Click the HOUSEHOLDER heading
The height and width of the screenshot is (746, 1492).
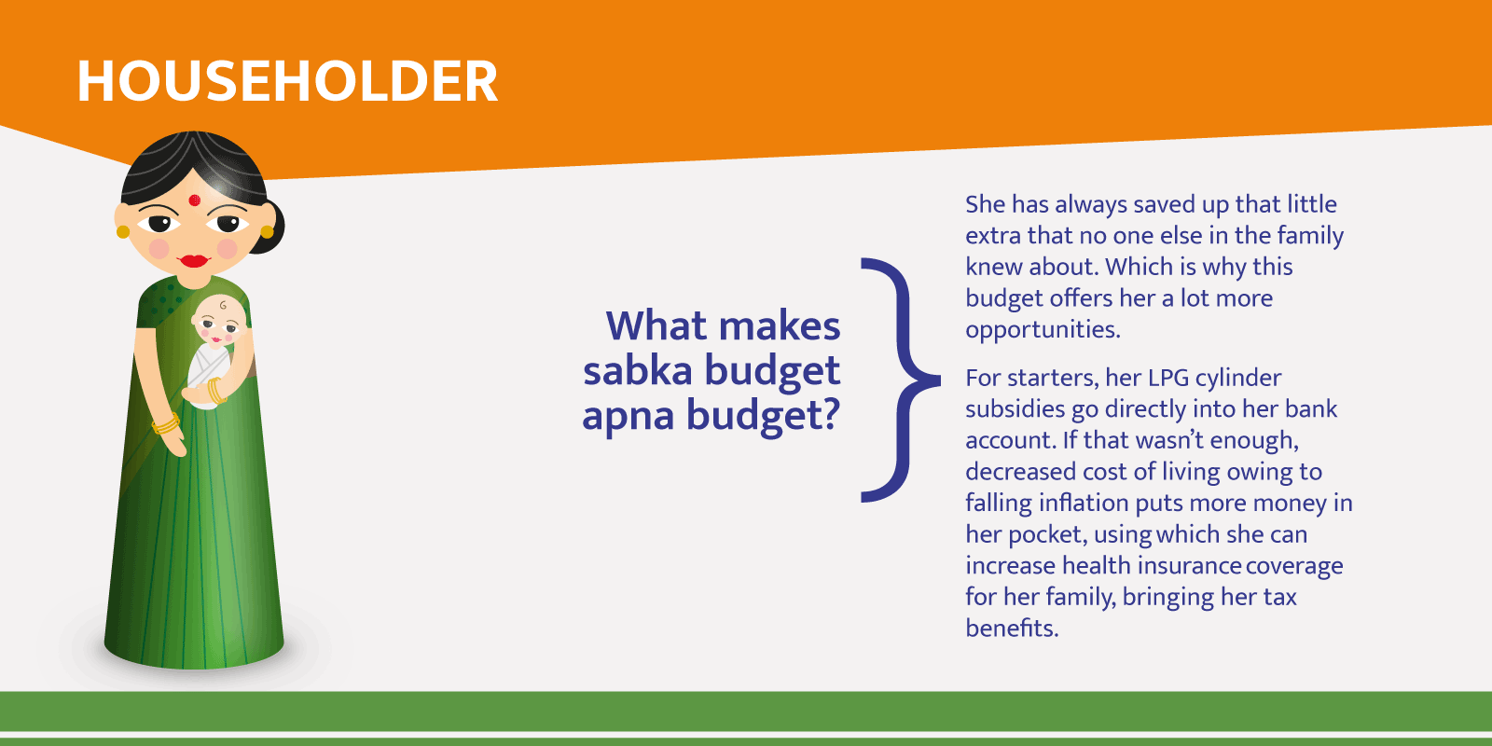pos(287,81)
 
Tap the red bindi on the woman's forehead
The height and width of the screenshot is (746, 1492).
pos(195,200)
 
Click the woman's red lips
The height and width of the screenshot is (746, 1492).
pos(194,260)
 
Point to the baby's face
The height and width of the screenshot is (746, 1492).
pos(219,322)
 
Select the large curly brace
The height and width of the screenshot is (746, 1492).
pos(900,380)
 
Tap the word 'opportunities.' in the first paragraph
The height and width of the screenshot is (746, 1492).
pos(1043,330)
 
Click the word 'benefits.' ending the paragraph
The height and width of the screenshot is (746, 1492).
pos(1012,629)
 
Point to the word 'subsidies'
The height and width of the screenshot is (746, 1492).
pos(1015,409)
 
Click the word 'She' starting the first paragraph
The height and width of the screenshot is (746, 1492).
pos(985,204)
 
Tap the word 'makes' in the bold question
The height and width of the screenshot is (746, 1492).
pos(780,326)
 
